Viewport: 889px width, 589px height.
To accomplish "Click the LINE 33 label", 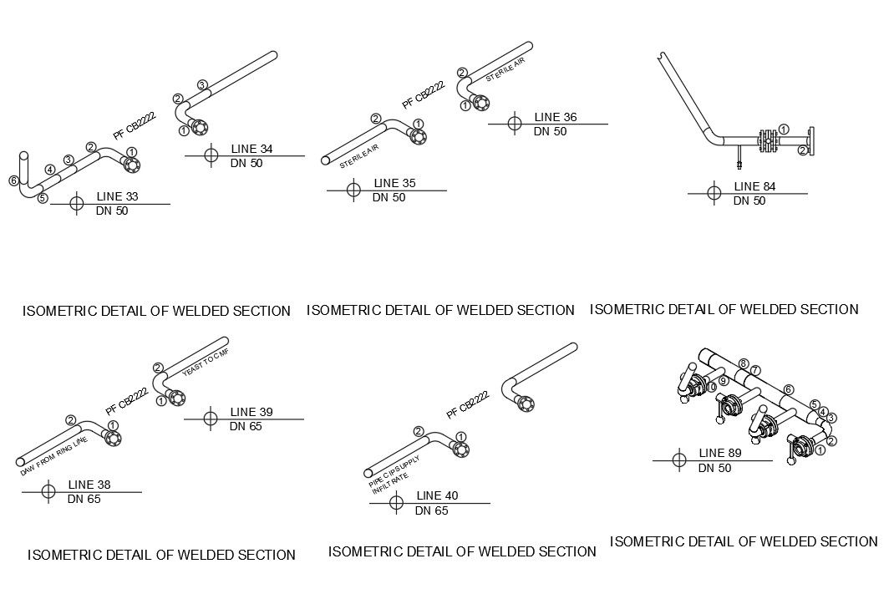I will coord(117,196).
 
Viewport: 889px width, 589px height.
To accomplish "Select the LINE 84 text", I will coord(754,186).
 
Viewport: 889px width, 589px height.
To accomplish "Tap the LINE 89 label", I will coord(719,454).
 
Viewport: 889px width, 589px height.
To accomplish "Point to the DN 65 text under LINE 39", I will coord(246,426).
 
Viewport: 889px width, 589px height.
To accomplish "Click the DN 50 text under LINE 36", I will coord(551,131).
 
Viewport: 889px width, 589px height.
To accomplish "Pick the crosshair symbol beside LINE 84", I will coord(714,194).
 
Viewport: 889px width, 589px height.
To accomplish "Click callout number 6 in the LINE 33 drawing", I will coord(14,180).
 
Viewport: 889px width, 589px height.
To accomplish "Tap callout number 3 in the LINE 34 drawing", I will coord(202,84).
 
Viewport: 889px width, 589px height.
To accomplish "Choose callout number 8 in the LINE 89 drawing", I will coord(743,363).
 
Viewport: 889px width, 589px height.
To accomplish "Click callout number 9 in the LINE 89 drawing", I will coord(724,381).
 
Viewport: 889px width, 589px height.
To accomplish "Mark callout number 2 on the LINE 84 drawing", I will coord(802,150).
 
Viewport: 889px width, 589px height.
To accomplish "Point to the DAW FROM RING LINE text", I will coord(54,456).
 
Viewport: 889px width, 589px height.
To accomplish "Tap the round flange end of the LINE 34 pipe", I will coord(198,128).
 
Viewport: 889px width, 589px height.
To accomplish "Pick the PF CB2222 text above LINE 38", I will coord(127,400).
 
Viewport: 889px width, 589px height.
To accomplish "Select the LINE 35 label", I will coord(394,183).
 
